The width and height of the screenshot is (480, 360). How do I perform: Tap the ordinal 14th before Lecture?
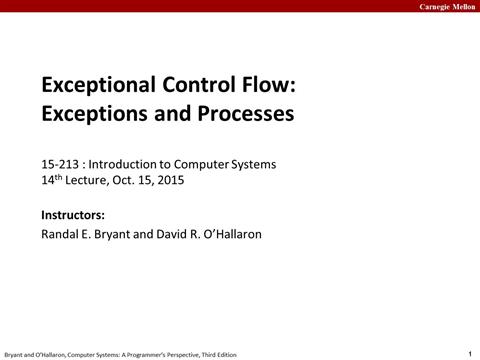click(52, 181)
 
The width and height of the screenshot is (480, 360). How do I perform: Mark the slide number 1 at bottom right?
click(469, 352)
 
